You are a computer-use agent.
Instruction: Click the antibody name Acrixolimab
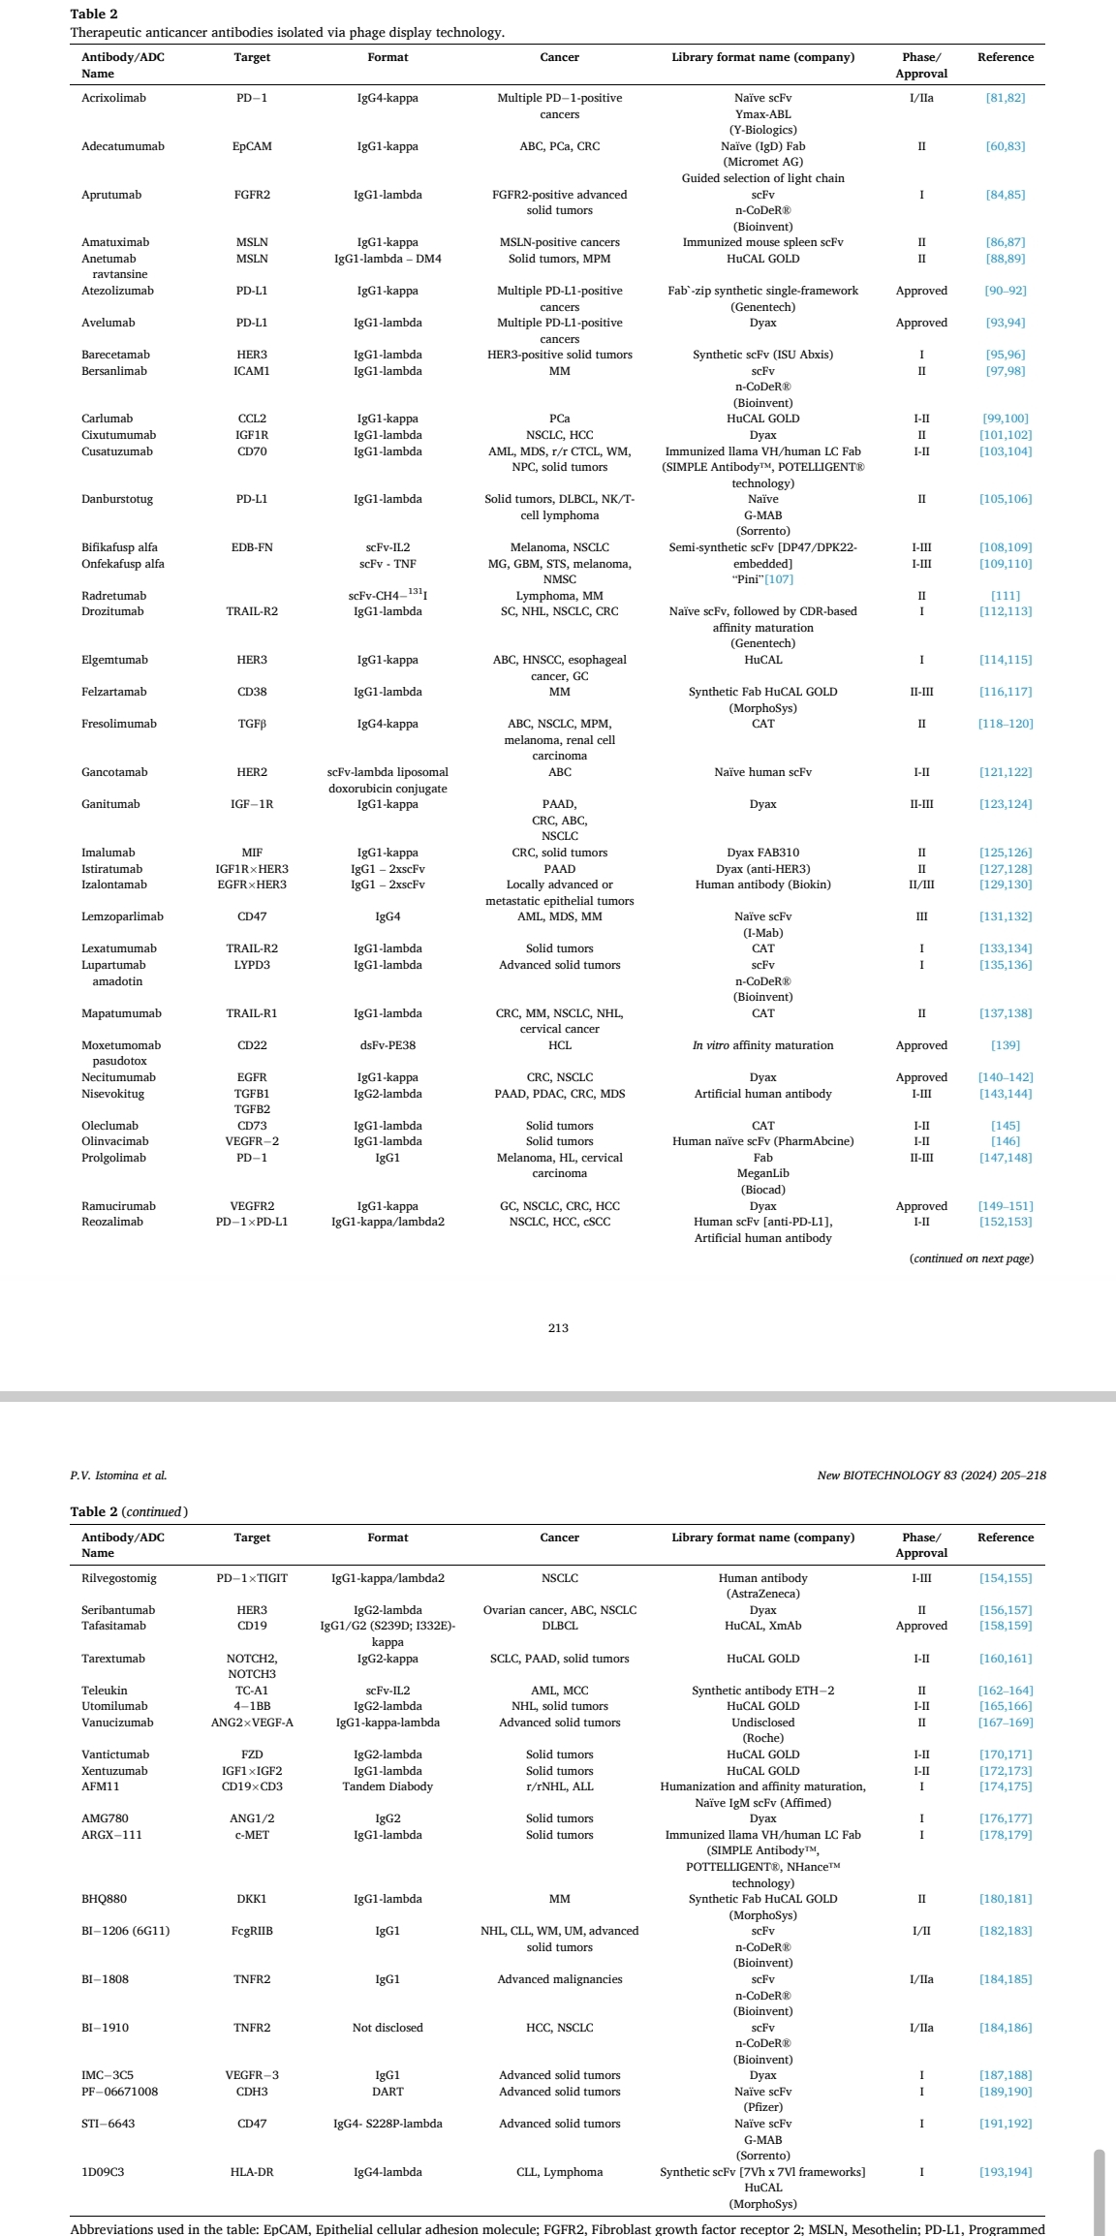[113, 98]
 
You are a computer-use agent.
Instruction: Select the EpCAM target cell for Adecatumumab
[252, 146]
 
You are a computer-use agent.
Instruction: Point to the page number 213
[558, 1328]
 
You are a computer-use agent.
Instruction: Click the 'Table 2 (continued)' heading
[129, 1511]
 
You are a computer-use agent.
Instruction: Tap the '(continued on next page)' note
[971, 1258]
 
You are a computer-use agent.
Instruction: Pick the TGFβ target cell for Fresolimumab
[252, 724]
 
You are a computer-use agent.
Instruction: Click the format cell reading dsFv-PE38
[387, 1045]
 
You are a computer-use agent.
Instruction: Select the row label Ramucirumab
[118, 1206]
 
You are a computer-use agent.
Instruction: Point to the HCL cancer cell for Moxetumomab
[559, 1045]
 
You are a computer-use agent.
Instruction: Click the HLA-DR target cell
[252, 2172]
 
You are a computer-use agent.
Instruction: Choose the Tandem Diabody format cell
[387, 1786]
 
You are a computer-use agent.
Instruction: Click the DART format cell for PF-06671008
[387, 2092]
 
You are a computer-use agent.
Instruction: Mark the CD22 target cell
[252, 1045]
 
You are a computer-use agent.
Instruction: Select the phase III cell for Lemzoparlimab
[921, 916]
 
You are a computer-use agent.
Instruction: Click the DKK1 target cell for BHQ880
[252, 1899]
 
